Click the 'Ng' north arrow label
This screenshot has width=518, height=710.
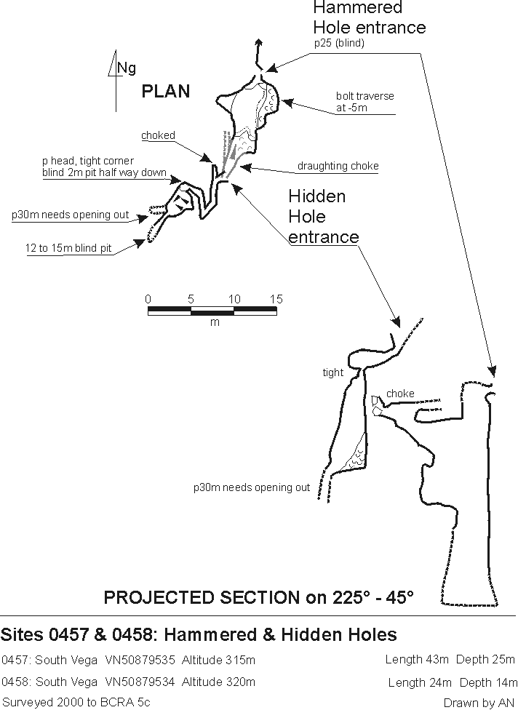point(127,68)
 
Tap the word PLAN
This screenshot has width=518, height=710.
point(166,91)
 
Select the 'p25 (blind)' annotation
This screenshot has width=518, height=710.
point(339,44)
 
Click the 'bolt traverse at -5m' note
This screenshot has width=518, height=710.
point(365,102)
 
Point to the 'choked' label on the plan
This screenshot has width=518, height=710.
point(158,135)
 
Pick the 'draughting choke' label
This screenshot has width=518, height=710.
point(338,166)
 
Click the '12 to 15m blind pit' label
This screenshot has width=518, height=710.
point(68,249)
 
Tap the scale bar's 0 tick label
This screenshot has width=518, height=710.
point(148,299)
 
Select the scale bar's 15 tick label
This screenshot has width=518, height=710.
point(276,299)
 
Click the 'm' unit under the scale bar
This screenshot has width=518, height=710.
point(214,322)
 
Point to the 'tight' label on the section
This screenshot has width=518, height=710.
point(332,372)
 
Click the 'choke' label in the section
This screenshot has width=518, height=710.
point(400,394)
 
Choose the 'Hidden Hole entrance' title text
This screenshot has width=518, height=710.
point(324,217)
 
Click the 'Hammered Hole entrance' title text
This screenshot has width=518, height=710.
point(369,18)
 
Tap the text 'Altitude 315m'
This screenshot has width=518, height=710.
point(218,661)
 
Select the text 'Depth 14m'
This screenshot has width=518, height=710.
point(487,682)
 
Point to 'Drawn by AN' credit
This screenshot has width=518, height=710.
point(479,702)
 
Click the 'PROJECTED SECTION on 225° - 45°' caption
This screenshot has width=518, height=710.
point(258,597)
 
